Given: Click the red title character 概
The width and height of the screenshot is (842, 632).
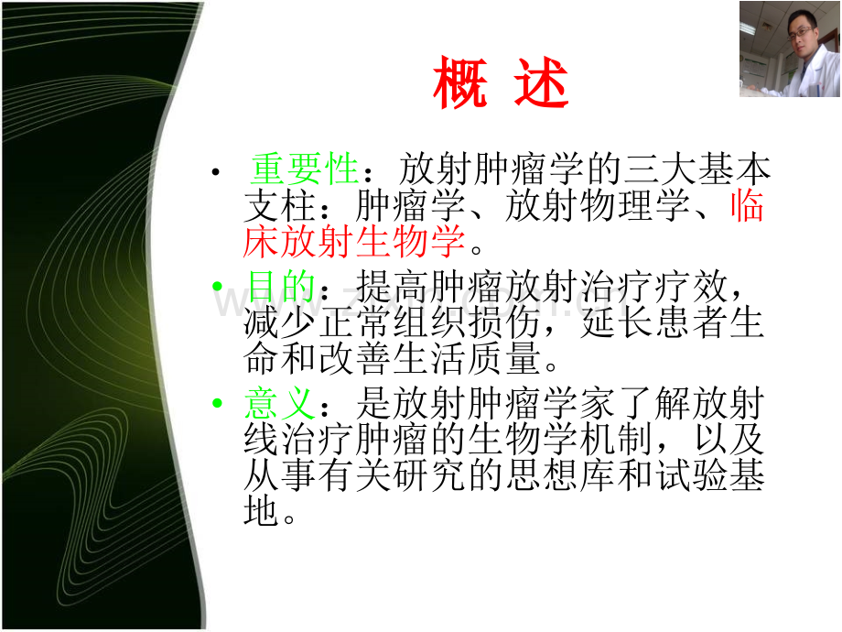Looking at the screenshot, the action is [460, 82].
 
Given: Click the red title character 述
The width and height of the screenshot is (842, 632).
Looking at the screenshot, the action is [541, 82].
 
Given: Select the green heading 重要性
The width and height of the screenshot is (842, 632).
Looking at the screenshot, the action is [305, 169].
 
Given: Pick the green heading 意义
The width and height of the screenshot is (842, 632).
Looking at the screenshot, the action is [279, 403].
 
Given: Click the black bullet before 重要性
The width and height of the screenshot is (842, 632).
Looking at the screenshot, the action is [216, 172].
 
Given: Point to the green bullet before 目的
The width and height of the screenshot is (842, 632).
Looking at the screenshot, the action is [217, 286].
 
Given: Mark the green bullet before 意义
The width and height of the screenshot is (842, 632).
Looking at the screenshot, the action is [217, 402].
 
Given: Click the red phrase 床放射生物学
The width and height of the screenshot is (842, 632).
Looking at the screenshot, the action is [354, 241].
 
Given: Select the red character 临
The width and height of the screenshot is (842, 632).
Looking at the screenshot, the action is [747, 206].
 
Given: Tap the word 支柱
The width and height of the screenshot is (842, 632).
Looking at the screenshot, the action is [279, 206].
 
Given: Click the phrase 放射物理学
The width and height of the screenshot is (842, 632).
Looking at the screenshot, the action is [597, 206].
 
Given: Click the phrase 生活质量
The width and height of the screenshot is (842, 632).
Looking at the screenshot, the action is [467, 358].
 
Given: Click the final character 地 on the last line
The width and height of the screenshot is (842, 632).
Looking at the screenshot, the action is [261, 510].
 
